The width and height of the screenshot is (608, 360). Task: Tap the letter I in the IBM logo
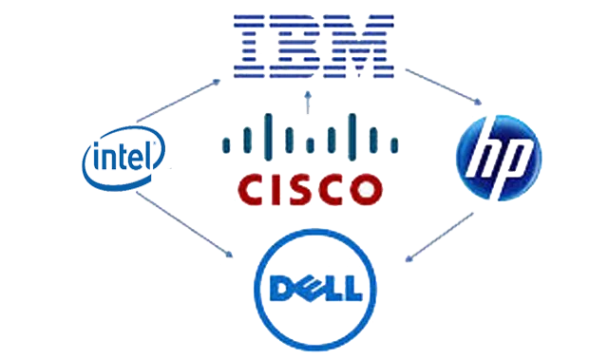click(x=251, y=45)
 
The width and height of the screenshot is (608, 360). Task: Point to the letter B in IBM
click(x=298, y=45)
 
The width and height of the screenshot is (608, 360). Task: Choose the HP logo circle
click(x=500, y=158)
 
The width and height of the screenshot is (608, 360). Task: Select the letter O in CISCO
click(x=367, y=188)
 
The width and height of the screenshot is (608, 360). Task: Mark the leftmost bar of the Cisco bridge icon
click(x=224, y=145)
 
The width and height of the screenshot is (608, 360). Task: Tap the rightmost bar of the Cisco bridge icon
click(x=397, y=145)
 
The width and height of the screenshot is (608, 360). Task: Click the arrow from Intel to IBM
click(x=180, y=100)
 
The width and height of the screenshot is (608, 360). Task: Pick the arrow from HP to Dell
click(x=439, y=238)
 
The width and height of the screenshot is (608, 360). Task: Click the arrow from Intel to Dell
click(x=185, y=224)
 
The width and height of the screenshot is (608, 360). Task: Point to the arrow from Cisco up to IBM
click(x=305, y=101)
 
